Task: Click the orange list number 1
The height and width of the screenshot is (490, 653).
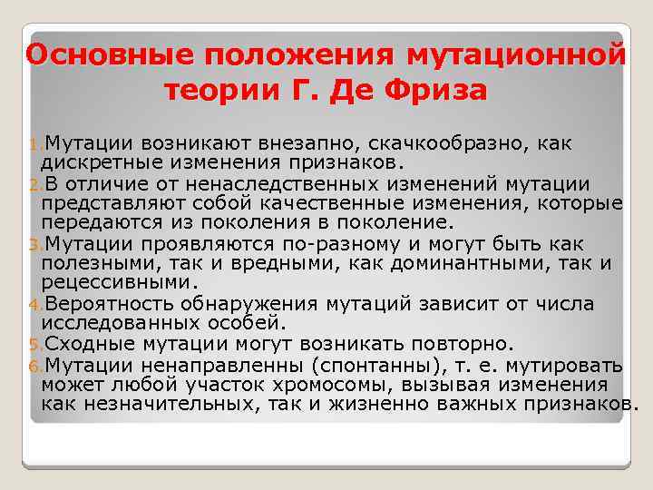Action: pos(36,145)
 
